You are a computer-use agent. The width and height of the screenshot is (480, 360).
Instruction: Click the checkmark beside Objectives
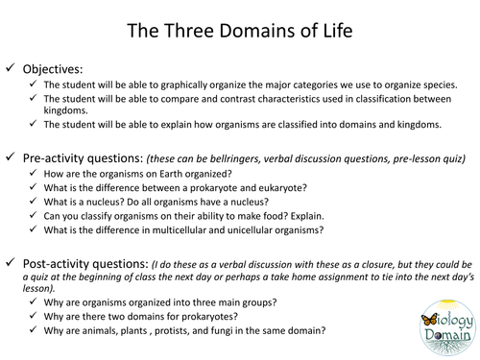(x=11, y=70)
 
